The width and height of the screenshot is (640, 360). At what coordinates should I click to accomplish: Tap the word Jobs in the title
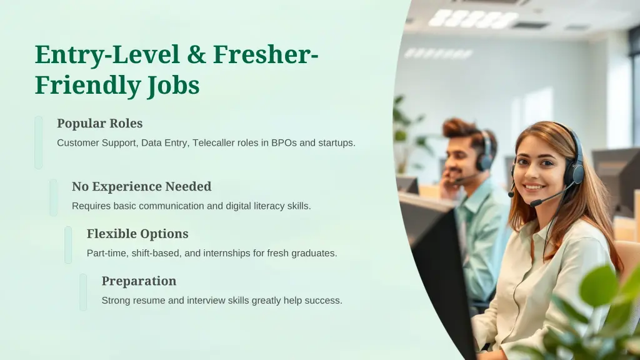[173, 85]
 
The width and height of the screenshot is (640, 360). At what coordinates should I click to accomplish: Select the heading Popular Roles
[99, 123]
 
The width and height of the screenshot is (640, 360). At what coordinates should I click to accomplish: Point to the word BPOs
[284, 142]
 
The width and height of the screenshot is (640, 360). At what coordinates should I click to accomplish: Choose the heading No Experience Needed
[141, 186]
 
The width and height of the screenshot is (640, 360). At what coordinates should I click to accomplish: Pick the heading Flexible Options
[137, 234]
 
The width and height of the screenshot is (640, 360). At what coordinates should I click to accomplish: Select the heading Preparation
[139, 281]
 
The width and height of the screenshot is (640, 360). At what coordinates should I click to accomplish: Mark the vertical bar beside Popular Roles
[39, 142]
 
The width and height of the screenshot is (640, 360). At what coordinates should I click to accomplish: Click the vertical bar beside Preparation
[83, 292]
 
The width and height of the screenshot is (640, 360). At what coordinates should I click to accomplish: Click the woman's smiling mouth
[534, 186]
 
